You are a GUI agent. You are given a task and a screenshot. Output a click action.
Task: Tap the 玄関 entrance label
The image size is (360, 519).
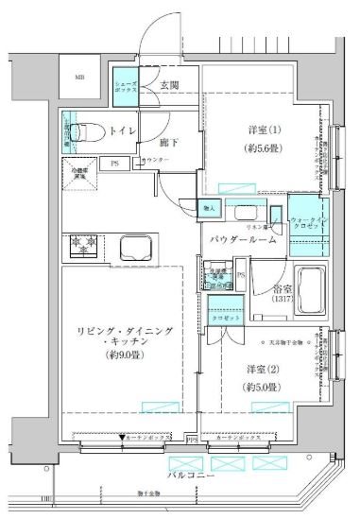(170, 86)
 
